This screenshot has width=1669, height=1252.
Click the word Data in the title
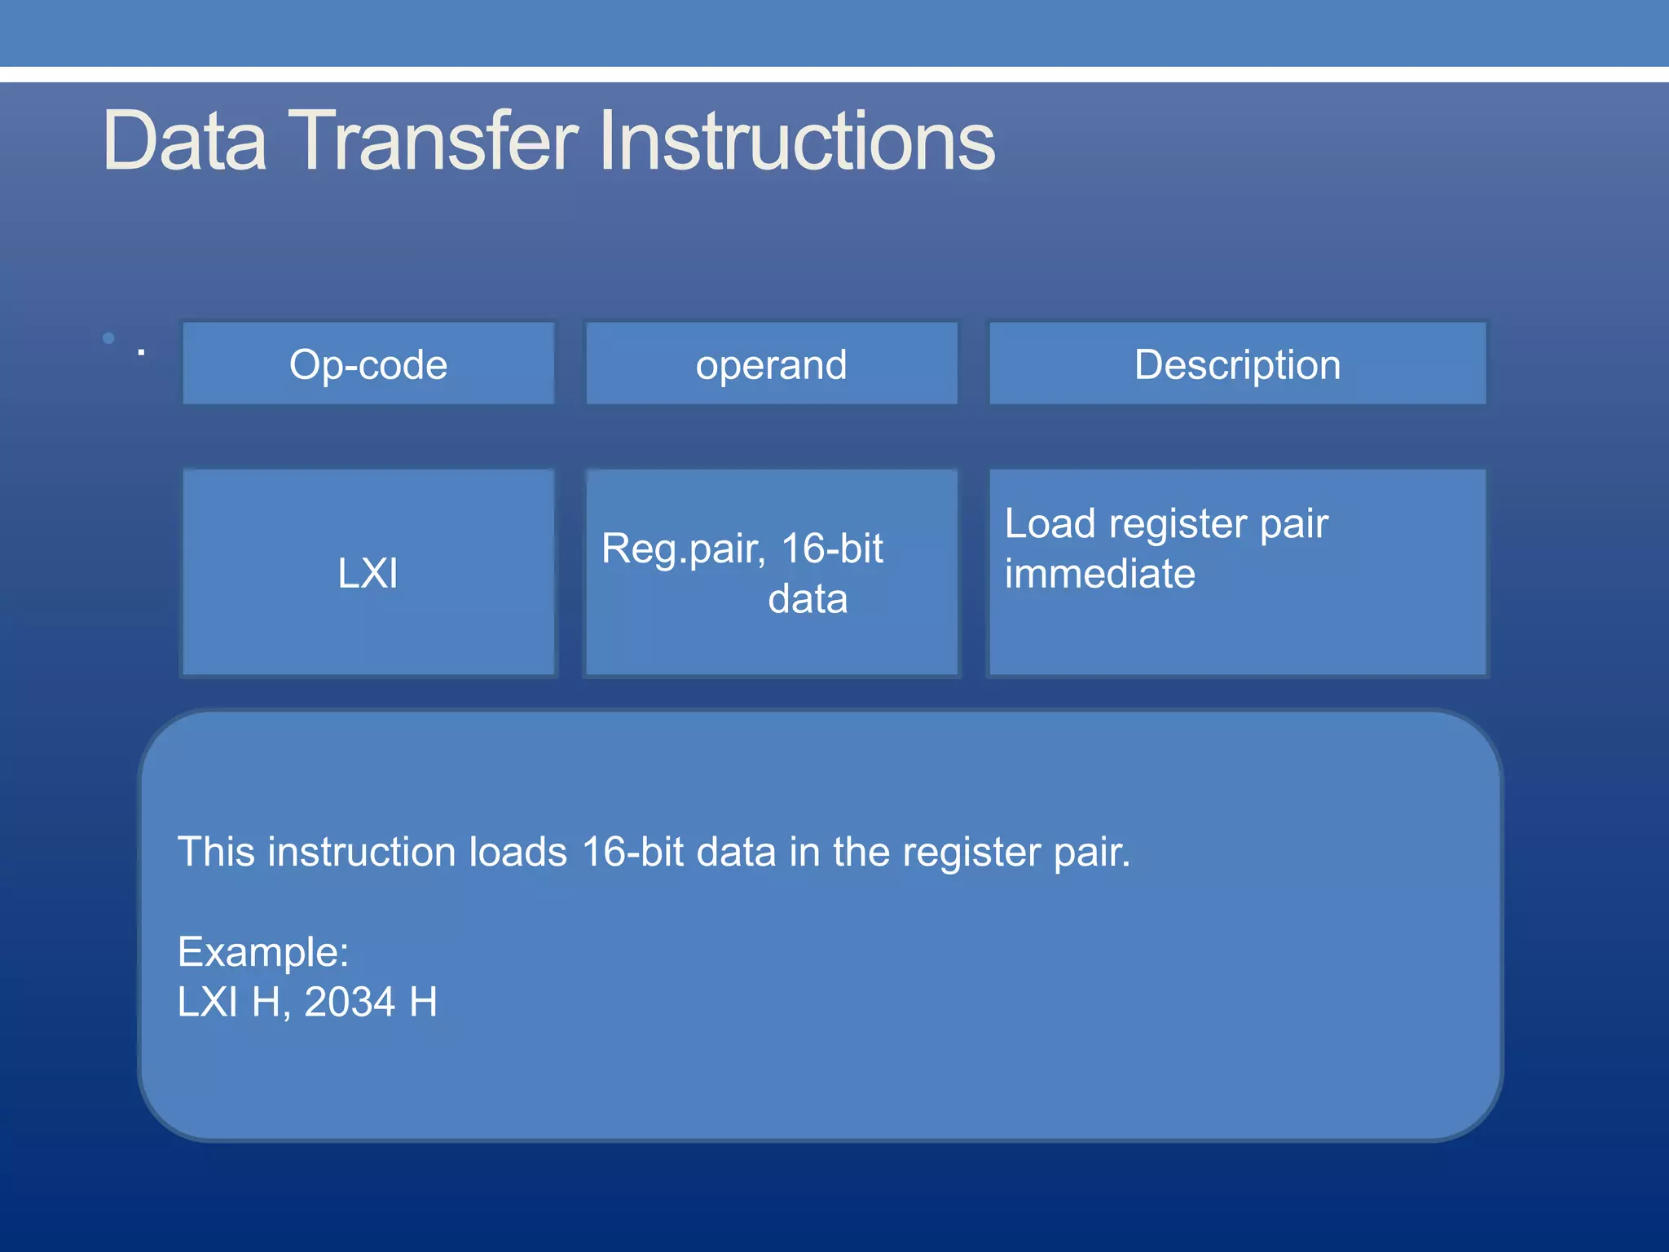pos(185,142)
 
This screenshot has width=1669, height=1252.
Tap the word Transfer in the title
pos(433,142)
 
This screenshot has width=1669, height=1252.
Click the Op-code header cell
pos(368,364)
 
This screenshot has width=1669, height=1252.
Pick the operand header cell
pos(771,364)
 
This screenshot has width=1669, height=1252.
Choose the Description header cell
pos(1237,364)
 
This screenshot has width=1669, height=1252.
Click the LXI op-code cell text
pos(368,573)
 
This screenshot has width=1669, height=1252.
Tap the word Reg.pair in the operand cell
pos(683,549)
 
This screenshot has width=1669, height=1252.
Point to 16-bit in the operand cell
pos(832,549)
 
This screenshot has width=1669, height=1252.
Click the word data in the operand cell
pos(808,599)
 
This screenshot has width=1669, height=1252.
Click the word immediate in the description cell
pos(1099,574)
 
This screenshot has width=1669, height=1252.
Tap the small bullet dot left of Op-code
pos(108,338)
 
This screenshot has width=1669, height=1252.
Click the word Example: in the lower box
pos(263,952)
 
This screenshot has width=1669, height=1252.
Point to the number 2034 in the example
pos(350,1002)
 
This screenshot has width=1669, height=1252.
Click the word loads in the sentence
pos(517,853)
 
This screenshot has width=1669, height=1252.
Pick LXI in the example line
pos(208,1002)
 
